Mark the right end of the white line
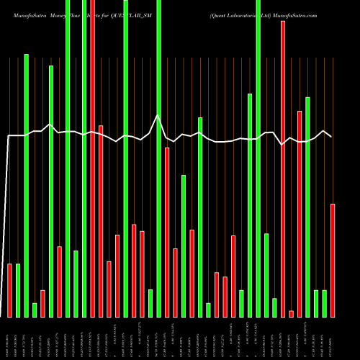click(x=331, y=136)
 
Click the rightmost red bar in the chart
click(x=333, y=260)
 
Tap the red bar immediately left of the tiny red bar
click(x=283, y=168)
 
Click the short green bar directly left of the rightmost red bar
click(x=325, y=303)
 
